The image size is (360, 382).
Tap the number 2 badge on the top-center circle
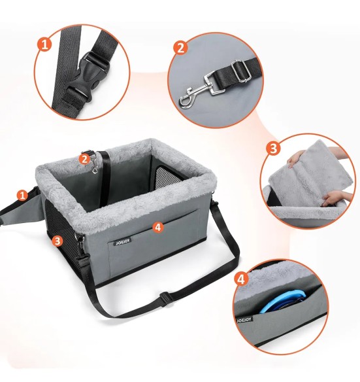pyautogui.click(x=180, y=48)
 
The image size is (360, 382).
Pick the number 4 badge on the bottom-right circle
pyautogui.click(x=242, y=279)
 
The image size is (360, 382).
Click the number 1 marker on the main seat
pyautogui.click(x=23, y=194)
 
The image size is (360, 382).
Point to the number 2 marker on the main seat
pyautogui.click(x=84, y=158)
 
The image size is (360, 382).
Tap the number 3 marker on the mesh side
pyautogui.click(x=58, y=241)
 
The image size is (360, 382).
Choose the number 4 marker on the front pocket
pyautogui.click(x=157, y=227)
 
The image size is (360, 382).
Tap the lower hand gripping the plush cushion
pyautogui.click(x=333, y=197)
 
